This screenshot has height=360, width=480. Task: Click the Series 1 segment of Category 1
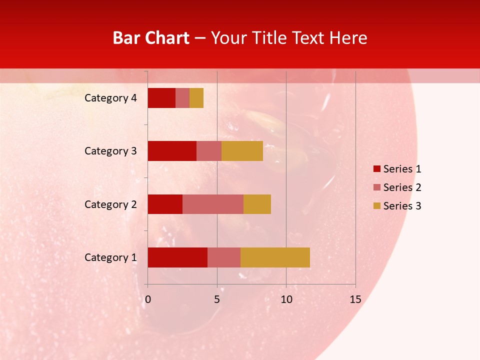tap(177, 257)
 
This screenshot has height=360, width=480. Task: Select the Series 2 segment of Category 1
tap(224, 257)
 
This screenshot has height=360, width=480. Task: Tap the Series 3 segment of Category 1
tap(275, 257)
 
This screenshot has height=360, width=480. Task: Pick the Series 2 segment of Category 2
tap(213, 204)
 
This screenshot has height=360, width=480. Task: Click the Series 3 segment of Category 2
tap(257, 204)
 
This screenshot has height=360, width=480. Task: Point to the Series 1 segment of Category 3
tap(172, 151)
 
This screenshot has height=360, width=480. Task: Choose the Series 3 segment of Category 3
tap(242, 151)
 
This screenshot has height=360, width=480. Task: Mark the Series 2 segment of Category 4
tap(182, 98)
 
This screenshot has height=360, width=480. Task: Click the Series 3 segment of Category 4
tap(196, 98)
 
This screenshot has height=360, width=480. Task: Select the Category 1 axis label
tap(110, 257)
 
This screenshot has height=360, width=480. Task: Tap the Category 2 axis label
tap(110, 204)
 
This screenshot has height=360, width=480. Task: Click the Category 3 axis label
tap(110, 151)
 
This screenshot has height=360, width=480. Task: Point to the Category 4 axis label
tap(110, 98)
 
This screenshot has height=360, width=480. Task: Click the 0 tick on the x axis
tap(147, 299)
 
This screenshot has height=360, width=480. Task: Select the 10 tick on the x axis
tap(286, 299)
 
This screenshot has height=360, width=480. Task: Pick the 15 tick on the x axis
tap(355, 299)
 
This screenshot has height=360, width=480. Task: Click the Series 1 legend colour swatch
tap(376, 169)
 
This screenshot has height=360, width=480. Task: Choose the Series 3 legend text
tap(402, 206)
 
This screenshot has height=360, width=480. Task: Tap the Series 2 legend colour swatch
tap(376, 187)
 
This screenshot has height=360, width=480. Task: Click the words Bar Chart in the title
tap(151, 37)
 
